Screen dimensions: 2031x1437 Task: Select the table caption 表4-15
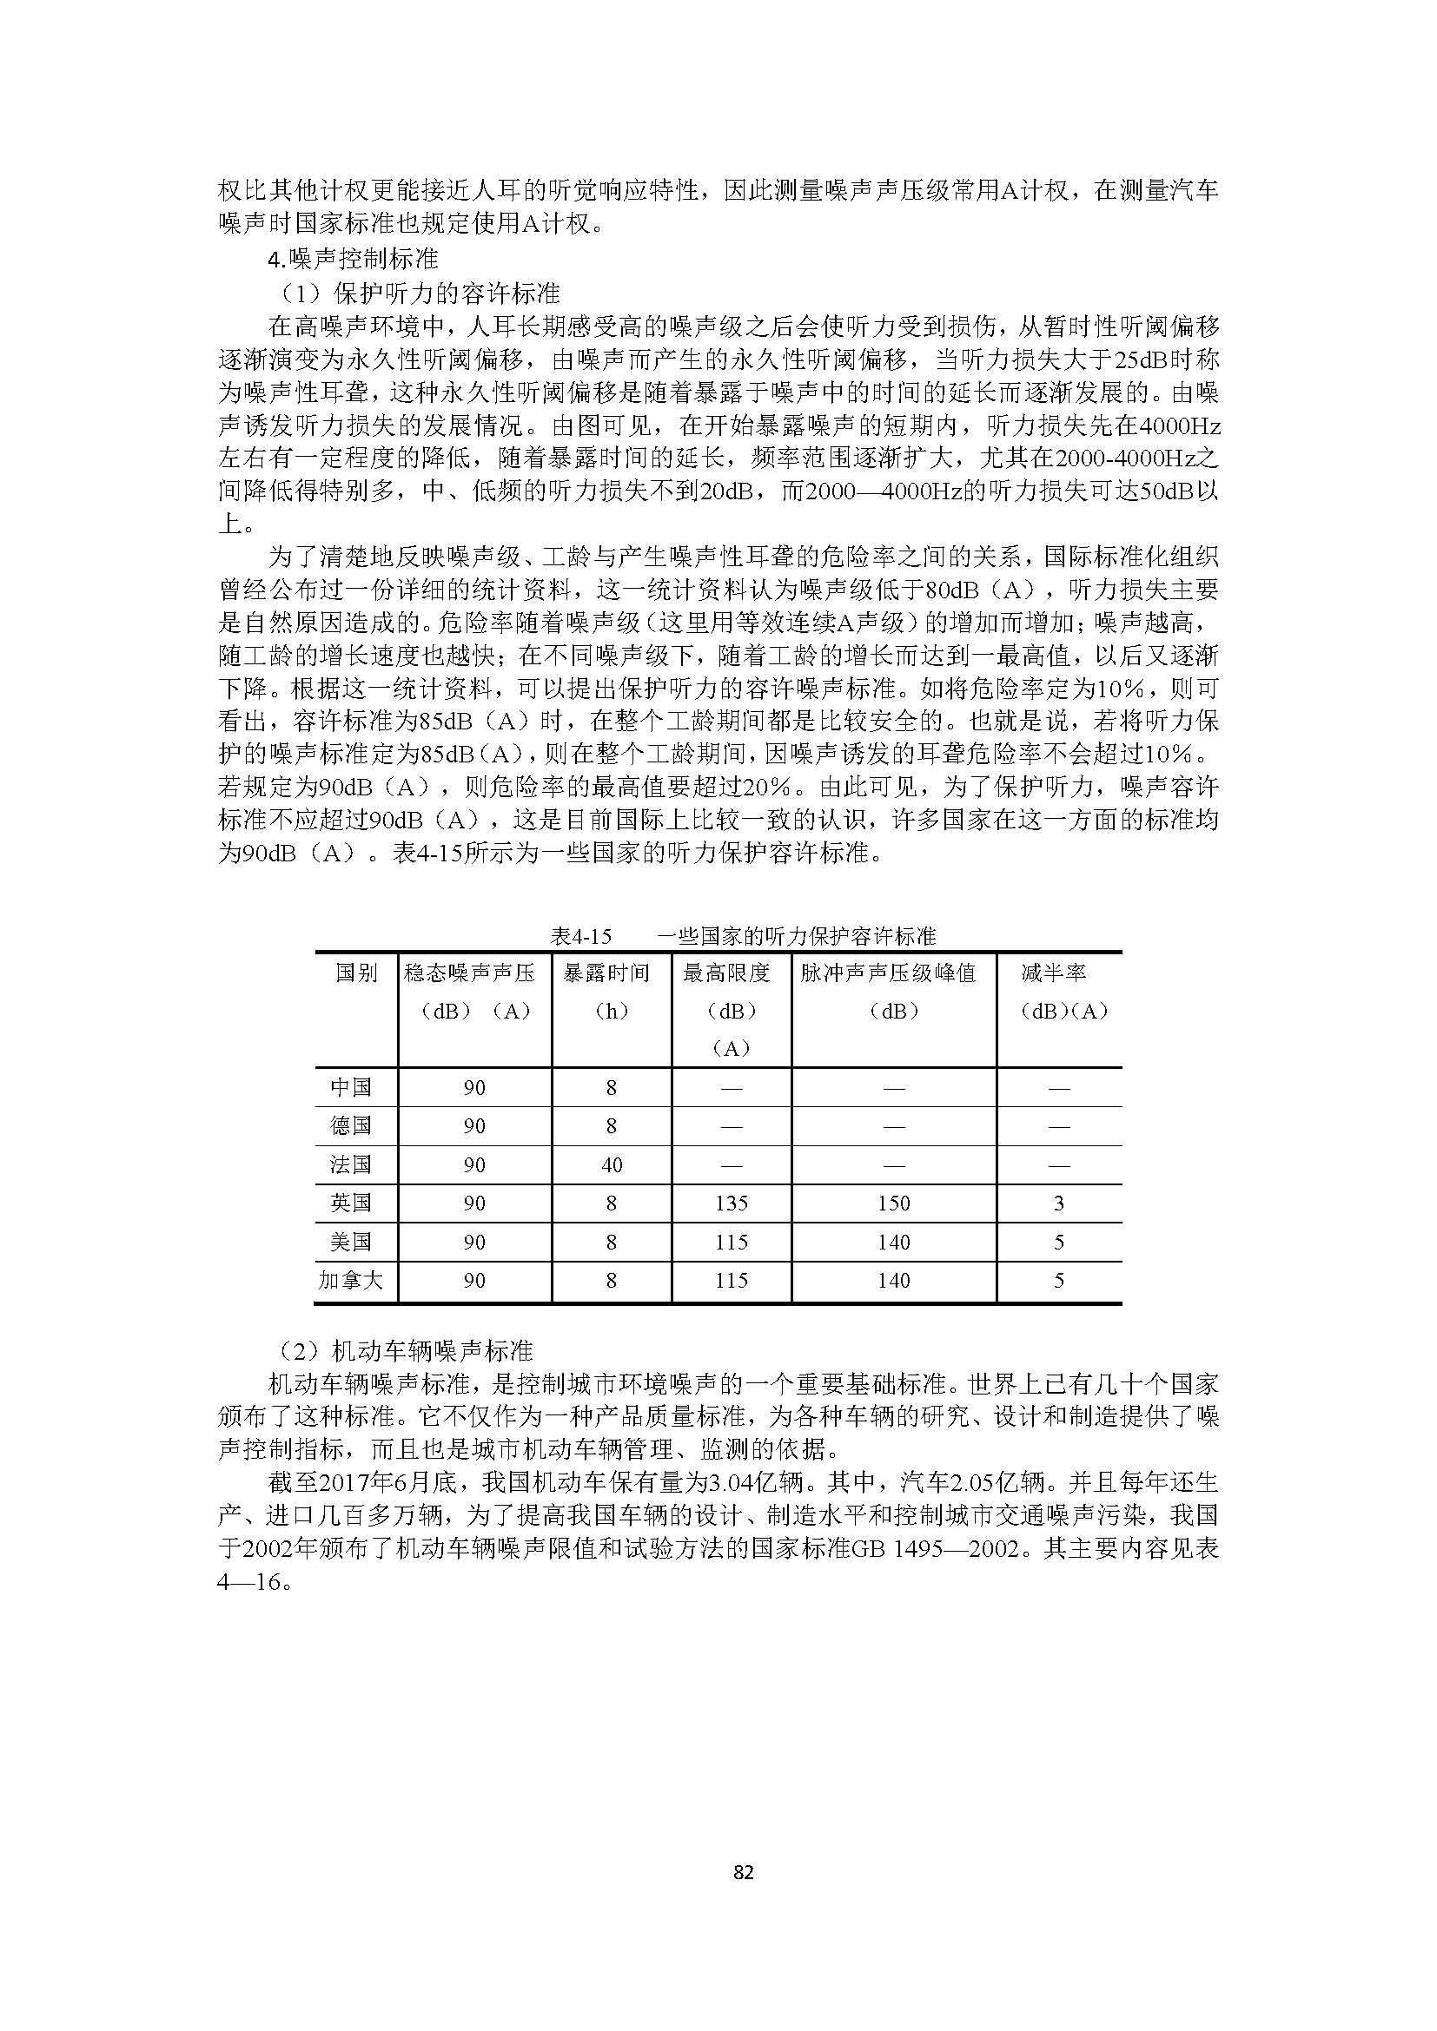click(580, 936)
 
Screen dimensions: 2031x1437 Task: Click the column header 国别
click(355, 973)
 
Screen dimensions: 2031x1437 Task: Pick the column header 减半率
click(1053, 973)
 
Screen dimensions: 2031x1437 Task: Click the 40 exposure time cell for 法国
click(612, 1165)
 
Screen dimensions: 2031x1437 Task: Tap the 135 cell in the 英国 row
click(732, 1203)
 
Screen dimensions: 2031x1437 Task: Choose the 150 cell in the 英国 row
click(894, 1203)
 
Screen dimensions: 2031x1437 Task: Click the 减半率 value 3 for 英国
click(1058, 1203)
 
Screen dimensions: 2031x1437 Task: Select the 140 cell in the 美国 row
click(894, 1242)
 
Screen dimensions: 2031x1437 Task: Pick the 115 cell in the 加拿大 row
click(732, 1280)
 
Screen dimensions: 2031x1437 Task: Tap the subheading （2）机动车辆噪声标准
click(403, 1351)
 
